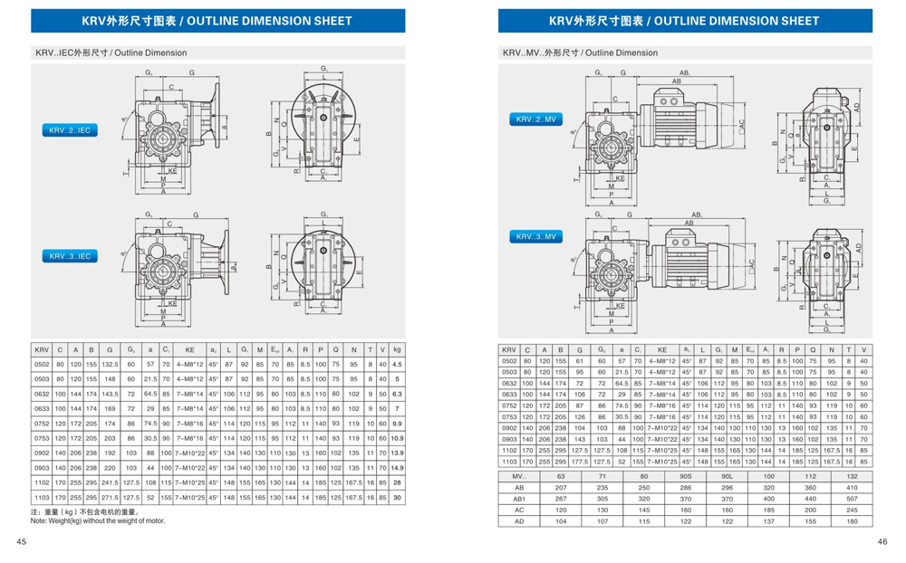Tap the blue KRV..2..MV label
click(538, 119)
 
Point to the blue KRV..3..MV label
click(538, 236)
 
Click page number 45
click(20, 541)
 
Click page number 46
click(882, 541)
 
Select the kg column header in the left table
click(397, 348)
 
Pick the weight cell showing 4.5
click(397, 364)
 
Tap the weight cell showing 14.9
click(397, 468)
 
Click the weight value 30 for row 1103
click(397, 498)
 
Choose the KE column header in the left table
click(189, 348)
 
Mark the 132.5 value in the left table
click(110, 364)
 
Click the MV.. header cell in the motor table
click(519, 475)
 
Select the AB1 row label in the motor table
click(519, 498)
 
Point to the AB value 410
click(852, 487)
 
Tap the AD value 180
click(852, 520)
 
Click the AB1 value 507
click(852, 498)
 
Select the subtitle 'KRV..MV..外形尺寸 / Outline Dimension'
click(580, 52)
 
